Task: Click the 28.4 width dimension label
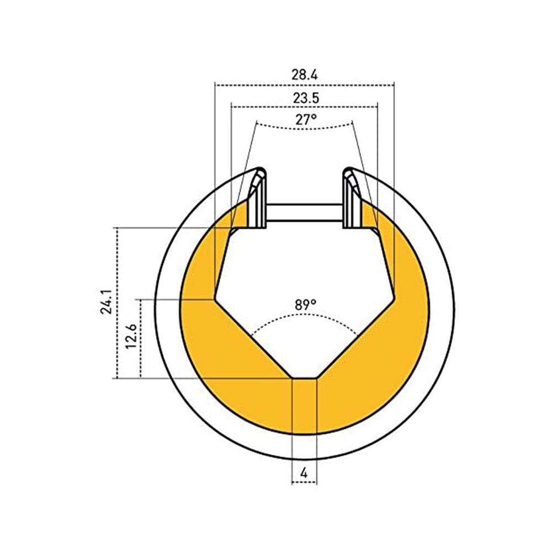305,75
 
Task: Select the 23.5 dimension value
306,98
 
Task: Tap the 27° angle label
306,120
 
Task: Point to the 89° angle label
306,304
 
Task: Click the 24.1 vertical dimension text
107,302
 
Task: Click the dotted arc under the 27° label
305,129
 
